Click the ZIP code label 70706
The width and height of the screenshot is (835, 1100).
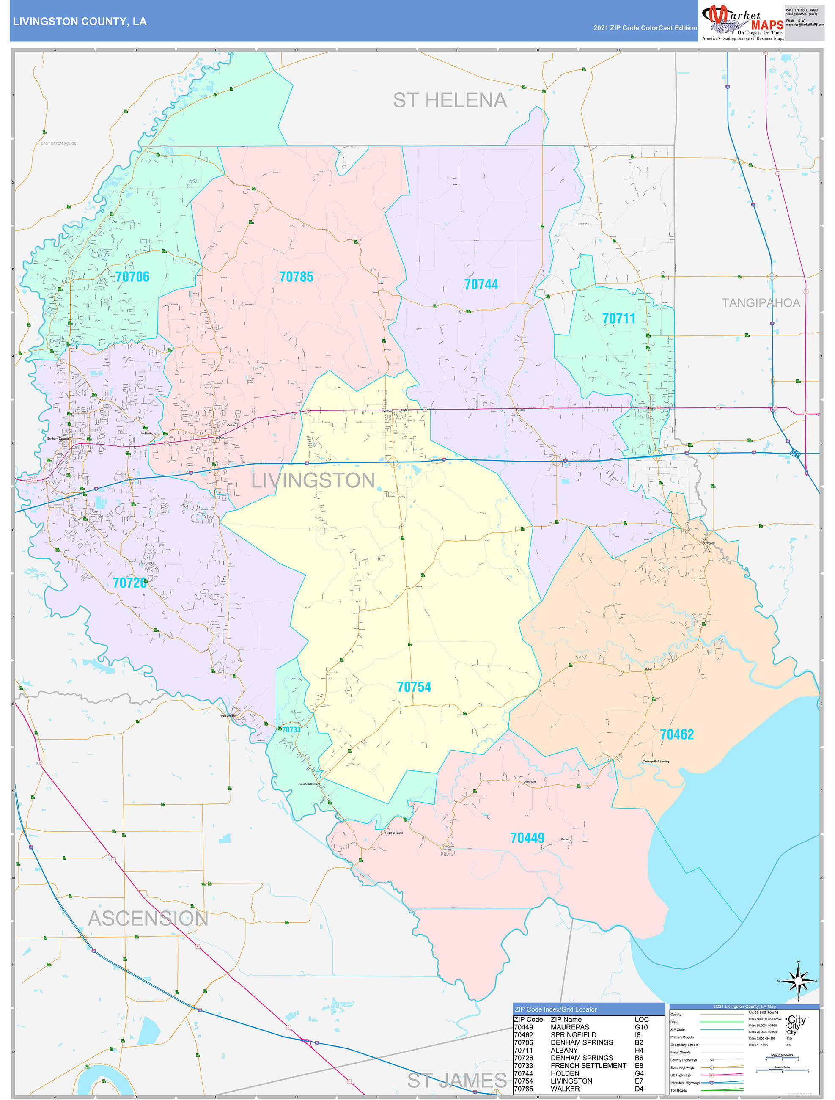pos(132,277)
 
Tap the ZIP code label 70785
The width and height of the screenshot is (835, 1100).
pos(296,277)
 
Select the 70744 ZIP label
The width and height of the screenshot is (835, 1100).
pos(481,284)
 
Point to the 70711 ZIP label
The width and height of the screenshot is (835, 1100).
pos(619,318)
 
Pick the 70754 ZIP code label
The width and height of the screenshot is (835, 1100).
pos(414,687)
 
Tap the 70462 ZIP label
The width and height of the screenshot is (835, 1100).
pos(676,734)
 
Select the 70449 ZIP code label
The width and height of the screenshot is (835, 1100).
pos(527,838)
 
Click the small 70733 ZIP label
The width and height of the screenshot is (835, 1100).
pos(291,729)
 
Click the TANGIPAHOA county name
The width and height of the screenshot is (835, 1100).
pos(761,303)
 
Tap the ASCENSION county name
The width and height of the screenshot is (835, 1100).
pos(148,918)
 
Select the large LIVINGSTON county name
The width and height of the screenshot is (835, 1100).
pos(313,480)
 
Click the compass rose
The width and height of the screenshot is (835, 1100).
pos(798,981)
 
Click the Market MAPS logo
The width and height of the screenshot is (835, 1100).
pos(742,22)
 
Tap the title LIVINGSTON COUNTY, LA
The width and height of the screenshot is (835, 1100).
pos(80,22)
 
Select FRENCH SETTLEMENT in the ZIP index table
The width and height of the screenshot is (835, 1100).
pos(588,1066)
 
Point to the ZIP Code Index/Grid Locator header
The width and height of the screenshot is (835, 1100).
pos(555,1009)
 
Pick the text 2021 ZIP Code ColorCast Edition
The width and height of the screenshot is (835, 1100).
pos(645,28)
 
